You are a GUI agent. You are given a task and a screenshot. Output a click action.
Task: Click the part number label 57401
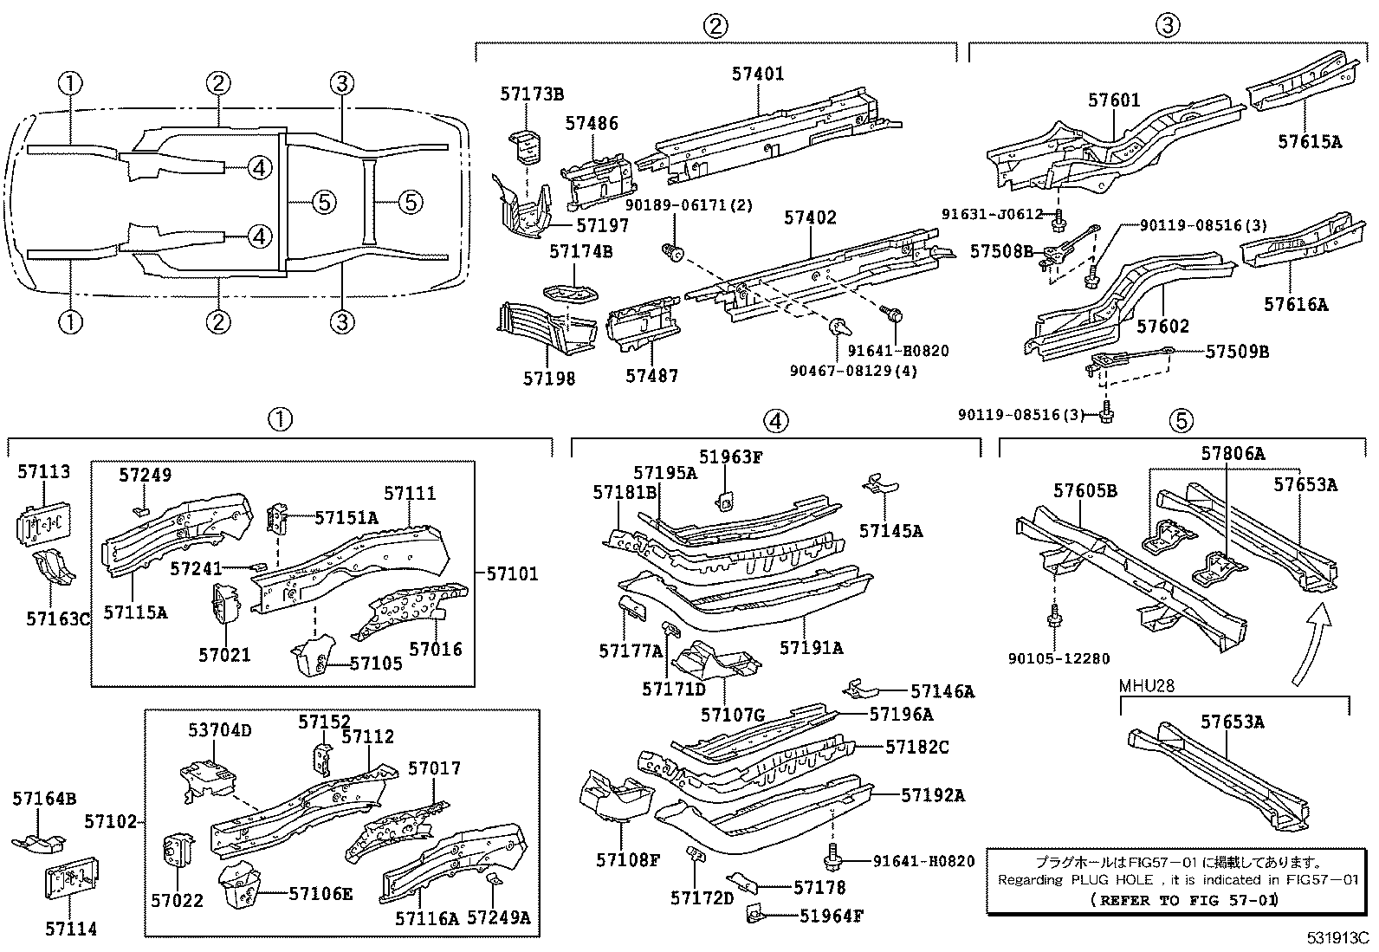click(757, 74)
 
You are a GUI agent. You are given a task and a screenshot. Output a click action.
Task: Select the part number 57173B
click(531, 94)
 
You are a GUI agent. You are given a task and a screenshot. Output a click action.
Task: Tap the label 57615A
click(1309, 141)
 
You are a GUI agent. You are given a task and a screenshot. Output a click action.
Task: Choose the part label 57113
click(44, 472)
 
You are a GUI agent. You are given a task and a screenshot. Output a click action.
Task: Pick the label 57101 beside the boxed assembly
click(511, 573)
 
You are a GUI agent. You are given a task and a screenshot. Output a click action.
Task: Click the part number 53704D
click(219, 730)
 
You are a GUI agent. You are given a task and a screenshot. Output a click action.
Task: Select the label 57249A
click(498, 917)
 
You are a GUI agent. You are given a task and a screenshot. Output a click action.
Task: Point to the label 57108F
click(628, 860)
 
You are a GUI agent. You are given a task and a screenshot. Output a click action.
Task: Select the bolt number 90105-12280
click(1059, 658)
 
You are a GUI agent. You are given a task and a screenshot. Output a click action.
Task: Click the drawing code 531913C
click(1338, 937)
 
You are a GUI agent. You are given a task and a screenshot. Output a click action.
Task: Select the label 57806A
click(1233, 453)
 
